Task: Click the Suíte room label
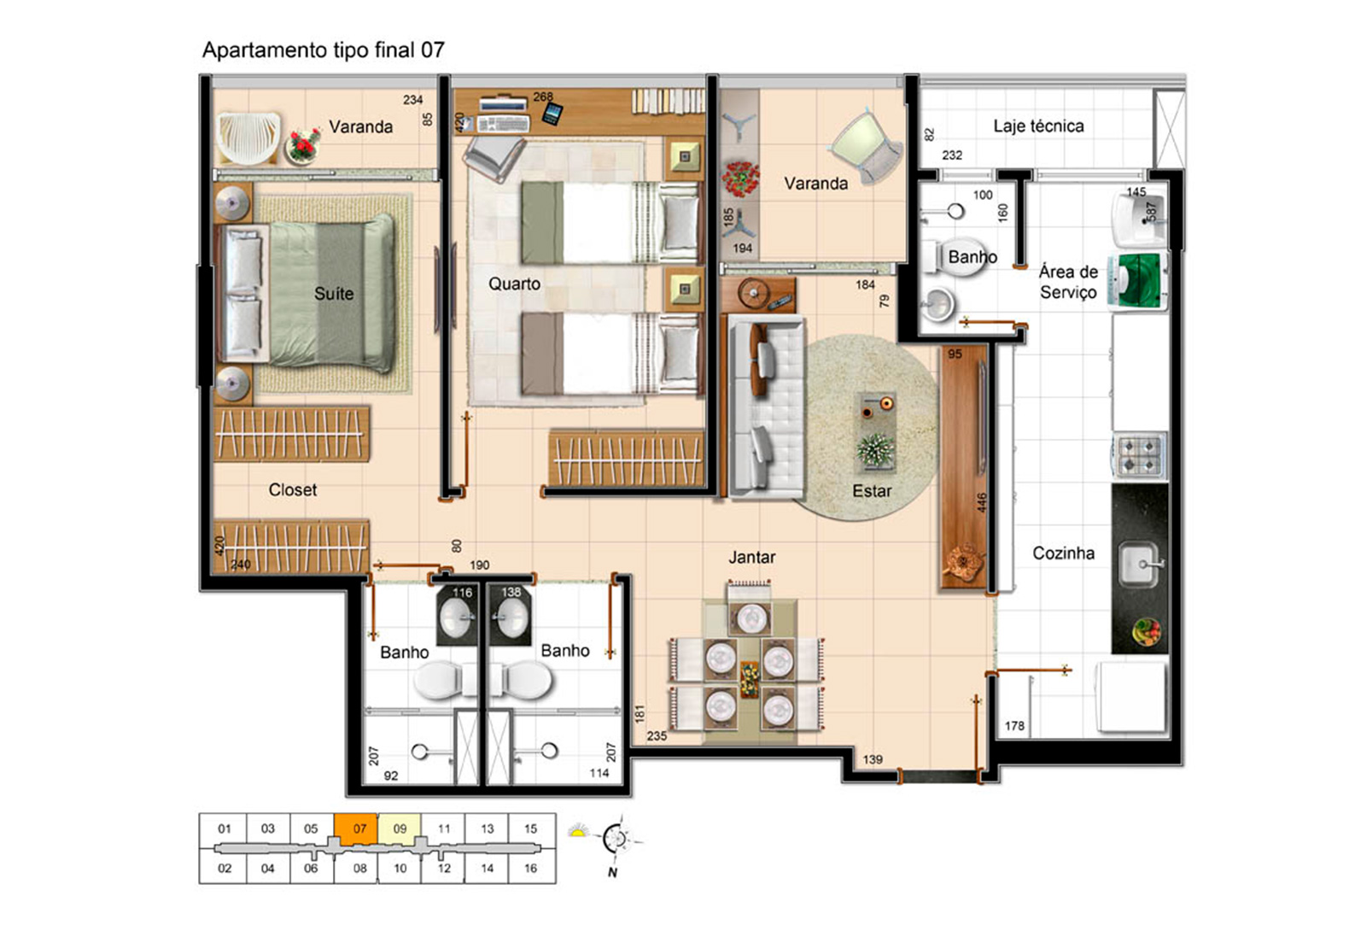click(x=334, y=294)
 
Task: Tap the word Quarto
click(x=514, y=284)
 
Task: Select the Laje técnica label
click(x=1038, y=126)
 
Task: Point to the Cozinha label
click(x=1064, y=553)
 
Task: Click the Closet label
click(x=293, y=489)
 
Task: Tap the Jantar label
click(x=752, y=557)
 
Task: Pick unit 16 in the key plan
click(x=531, y=868)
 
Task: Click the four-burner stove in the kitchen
click(x=1140, y=455)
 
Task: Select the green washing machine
click(x=1138, y=281)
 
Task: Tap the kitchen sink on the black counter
click(x=1140, y=565)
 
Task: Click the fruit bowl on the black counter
click(x=1147, y=631)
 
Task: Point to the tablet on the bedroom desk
click(x=552, y=113)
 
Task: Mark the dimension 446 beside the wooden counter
click(x=982, y=503)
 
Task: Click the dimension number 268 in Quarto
click(x=543, y=97)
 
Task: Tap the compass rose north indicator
click(x=616, y=839)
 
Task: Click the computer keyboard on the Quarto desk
click(x=503, y=123)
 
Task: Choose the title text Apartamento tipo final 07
click(x=324, y=50)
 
